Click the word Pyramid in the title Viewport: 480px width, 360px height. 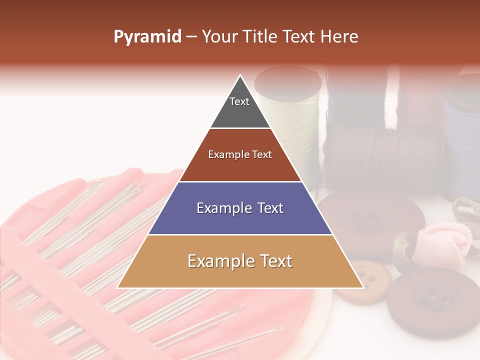tap(147, 36)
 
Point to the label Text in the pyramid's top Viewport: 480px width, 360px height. tap(239, 101)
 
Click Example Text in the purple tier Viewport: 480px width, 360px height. tap(240, 208)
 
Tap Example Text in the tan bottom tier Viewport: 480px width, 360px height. tap(240, 261)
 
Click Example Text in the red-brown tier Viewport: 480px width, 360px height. tap(240, 154)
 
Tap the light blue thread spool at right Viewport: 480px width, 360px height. tap(462, 135)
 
